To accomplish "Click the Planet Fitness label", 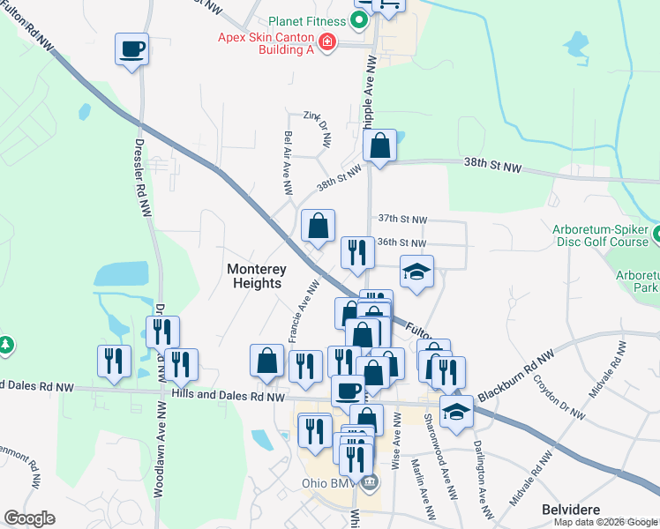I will coord(309,23).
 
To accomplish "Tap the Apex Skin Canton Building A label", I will coord(266,44).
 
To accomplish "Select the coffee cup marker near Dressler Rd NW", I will coord(131,49).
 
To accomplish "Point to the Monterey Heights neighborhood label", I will coord(254,275).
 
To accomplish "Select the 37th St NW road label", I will coord(402,219).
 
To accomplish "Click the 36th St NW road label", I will coord(402,243).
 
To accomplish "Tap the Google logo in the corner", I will coord(29,518).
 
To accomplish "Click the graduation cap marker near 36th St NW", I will coord(417,272).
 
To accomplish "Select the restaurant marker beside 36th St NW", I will coord(357,254).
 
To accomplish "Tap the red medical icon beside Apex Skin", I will coord(327,41).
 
